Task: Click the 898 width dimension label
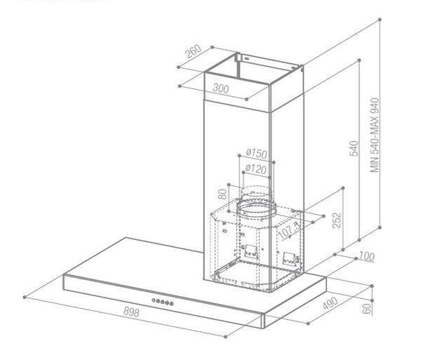point(131,312)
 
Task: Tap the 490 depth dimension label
point(330,303)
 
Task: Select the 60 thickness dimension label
point(367,309)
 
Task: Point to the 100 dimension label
point(366,256)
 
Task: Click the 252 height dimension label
point(337,220)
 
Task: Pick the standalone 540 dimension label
point(354,148)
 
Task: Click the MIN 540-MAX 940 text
point(375,135)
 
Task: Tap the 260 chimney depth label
point(194,51)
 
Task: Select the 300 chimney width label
point(221,88)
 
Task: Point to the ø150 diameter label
point(256,154)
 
